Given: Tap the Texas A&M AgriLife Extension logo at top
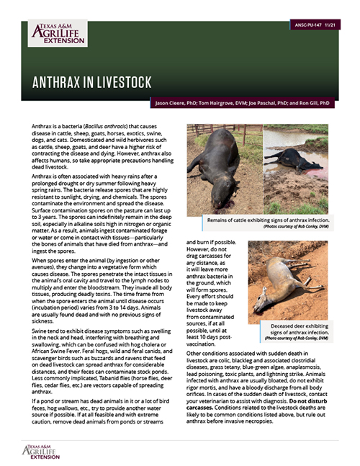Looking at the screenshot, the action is point(57,33).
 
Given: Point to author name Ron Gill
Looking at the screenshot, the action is point(316,104).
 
